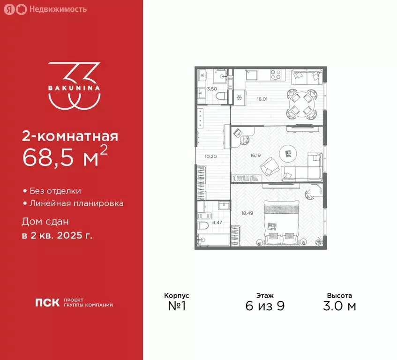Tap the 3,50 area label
point(212,89)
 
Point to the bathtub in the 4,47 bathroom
point(213,240)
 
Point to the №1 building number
point(176,307)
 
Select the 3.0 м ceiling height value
point(339,307)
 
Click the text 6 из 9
point(265,307)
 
